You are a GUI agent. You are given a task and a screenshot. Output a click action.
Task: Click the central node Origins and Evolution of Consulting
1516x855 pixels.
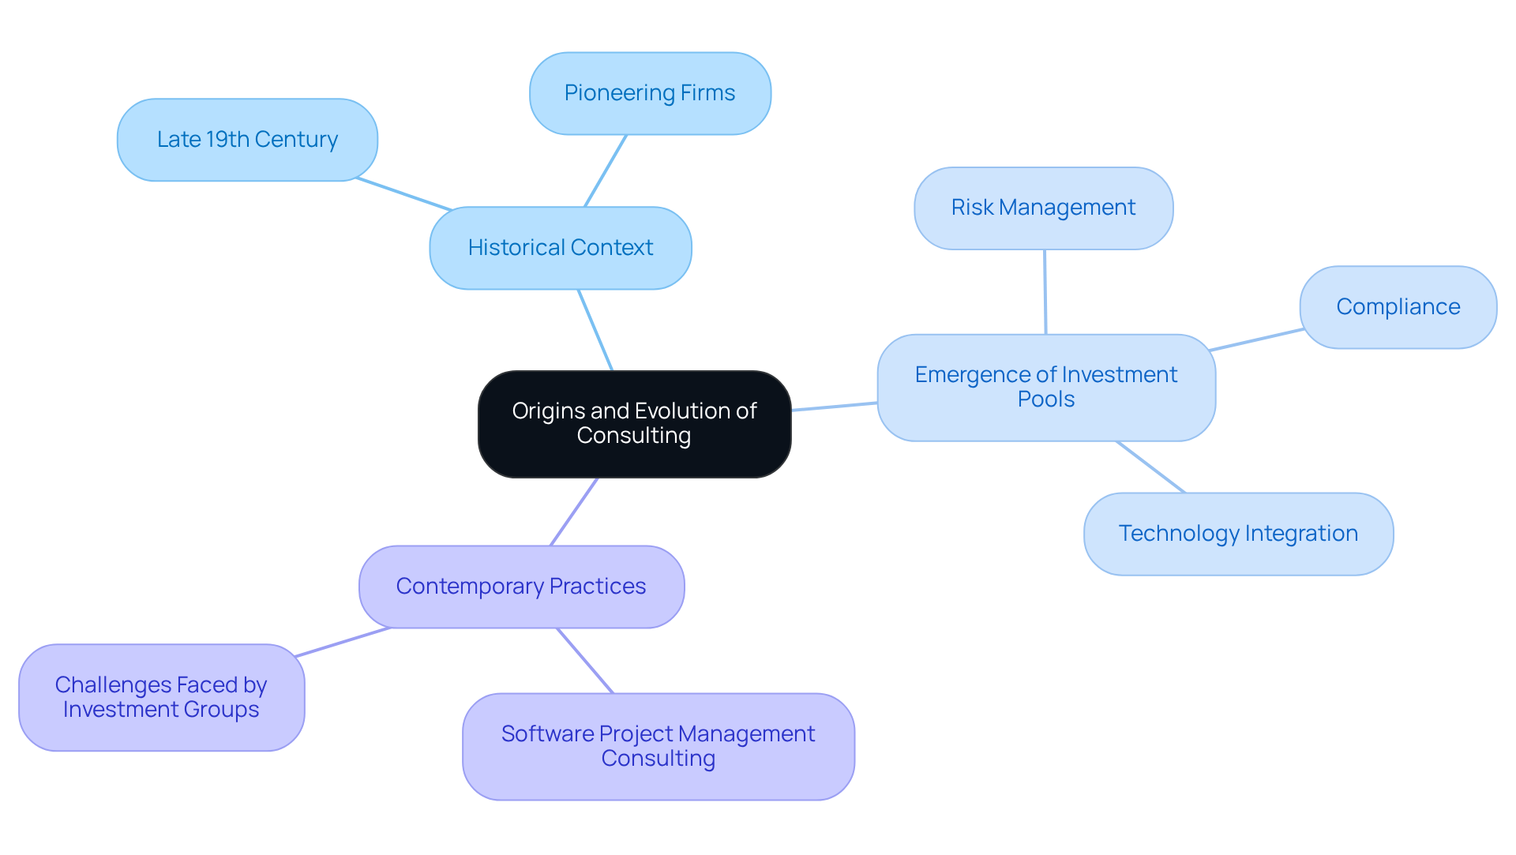(634, 424)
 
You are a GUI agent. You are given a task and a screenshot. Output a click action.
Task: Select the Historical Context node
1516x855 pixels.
(560, 248)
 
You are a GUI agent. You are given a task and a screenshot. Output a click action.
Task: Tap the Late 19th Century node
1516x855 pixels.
(247, 140)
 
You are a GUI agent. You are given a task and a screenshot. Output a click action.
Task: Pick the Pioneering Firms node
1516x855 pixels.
(649, 93)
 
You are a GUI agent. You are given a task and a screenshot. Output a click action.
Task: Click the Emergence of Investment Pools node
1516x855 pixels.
(1045, 387)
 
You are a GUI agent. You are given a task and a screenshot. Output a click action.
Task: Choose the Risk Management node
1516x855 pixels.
(1043, 208)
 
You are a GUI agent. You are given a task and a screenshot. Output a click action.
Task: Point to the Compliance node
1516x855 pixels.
(1398, 307)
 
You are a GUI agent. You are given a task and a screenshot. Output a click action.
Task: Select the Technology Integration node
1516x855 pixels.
(1237, 534)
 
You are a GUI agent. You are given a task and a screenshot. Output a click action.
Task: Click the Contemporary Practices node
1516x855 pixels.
(521, 587)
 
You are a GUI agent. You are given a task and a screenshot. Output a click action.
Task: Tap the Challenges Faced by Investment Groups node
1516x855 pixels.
(161, 697)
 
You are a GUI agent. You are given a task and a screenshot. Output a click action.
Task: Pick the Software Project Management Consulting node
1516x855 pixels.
(658, 746)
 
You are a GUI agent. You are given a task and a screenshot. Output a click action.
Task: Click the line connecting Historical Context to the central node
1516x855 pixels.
(595, 330)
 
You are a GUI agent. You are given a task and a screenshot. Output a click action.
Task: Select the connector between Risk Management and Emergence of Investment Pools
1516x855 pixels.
(1045, 292)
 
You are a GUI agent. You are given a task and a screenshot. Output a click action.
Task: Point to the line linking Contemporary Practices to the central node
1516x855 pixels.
(574, 512)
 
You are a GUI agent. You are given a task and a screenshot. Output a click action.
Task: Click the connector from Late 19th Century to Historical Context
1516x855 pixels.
(404, 194)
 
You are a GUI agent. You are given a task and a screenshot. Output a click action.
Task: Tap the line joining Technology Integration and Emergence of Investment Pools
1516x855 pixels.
(1150, 467)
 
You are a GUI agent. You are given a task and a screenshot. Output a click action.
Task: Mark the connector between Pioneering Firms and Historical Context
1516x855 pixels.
(606, 171)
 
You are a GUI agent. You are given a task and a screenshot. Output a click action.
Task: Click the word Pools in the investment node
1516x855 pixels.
(1045, 399)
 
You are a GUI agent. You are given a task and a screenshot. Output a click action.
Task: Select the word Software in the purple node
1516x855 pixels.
(547, 734)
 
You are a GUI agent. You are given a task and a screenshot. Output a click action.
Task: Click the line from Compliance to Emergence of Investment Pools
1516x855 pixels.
(1255, 340)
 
